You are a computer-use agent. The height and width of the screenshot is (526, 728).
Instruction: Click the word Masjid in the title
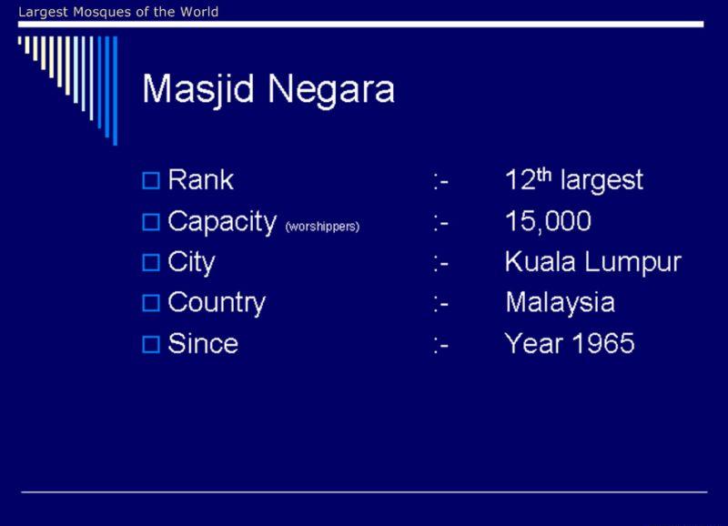pyautogui.click(x=198, y=89)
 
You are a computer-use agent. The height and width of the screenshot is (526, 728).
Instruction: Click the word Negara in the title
pyautogui.click(x=331, y=89)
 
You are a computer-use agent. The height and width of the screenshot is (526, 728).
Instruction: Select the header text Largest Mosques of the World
pyautogui.click(x=118, y=12)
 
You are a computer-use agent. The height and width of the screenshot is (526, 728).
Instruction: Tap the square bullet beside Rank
pyautogui.click(x=151, y=180)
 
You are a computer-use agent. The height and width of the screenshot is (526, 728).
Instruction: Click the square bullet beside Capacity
pyautogui.click(x=151, y=222)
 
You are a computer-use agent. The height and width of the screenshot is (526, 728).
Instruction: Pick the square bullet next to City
pyautogui.click(x=151, y=263)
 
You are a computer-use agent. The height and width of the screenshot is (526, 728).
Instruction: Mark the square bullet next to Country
pyautogui.click(x=151, y=303)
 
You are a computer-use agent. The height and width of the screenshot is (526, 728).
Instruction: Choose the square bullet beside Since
pyautogui.click(x=151, y=345)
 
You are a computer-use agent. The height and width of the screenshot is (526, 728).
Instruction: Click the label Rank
pyautogui.click(x=200, y=179)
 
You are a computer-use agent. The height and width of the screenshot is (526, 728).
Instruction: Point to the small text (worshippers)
pyautogui.click(x=322, y=227)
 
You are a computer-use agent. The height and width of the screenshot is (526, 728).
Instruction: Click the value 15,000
pyautogui.click(x=548, y=221)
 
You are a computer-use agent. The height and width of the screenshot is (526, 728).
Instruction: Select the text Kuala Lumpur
pyautogui.click(x=593, y=262)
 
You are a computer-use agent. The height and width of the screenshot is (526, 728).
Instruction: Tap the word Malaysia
pyautogui.click(x=560, y=303)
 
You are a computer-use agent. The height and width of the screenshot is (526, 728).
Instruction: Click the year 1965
pyautogui.click(x=603, y=344)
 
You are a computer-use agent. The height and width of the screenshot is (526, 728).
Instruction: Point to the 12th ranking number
pyautogui.click(x=529, y=178)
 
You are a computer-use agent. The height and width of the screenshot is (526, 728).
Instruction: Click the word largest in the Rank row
pyautogui.click(x=602, y=180)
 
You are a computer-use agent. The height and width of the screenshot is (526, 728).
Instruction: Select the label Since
pyautogui.click(x=203, y=344)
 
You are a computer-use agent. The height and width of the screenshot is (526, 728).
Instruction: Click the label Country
pyautogui.click(x=217, y=303)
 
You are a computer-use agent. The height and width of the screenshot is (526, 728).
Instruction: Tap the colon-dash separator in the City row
pyautogui.click(x=440, y=264)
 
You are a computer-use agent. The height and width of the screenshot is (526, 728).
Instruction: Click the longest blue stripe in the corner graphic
pyautogui.click(x=116, y=90)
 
